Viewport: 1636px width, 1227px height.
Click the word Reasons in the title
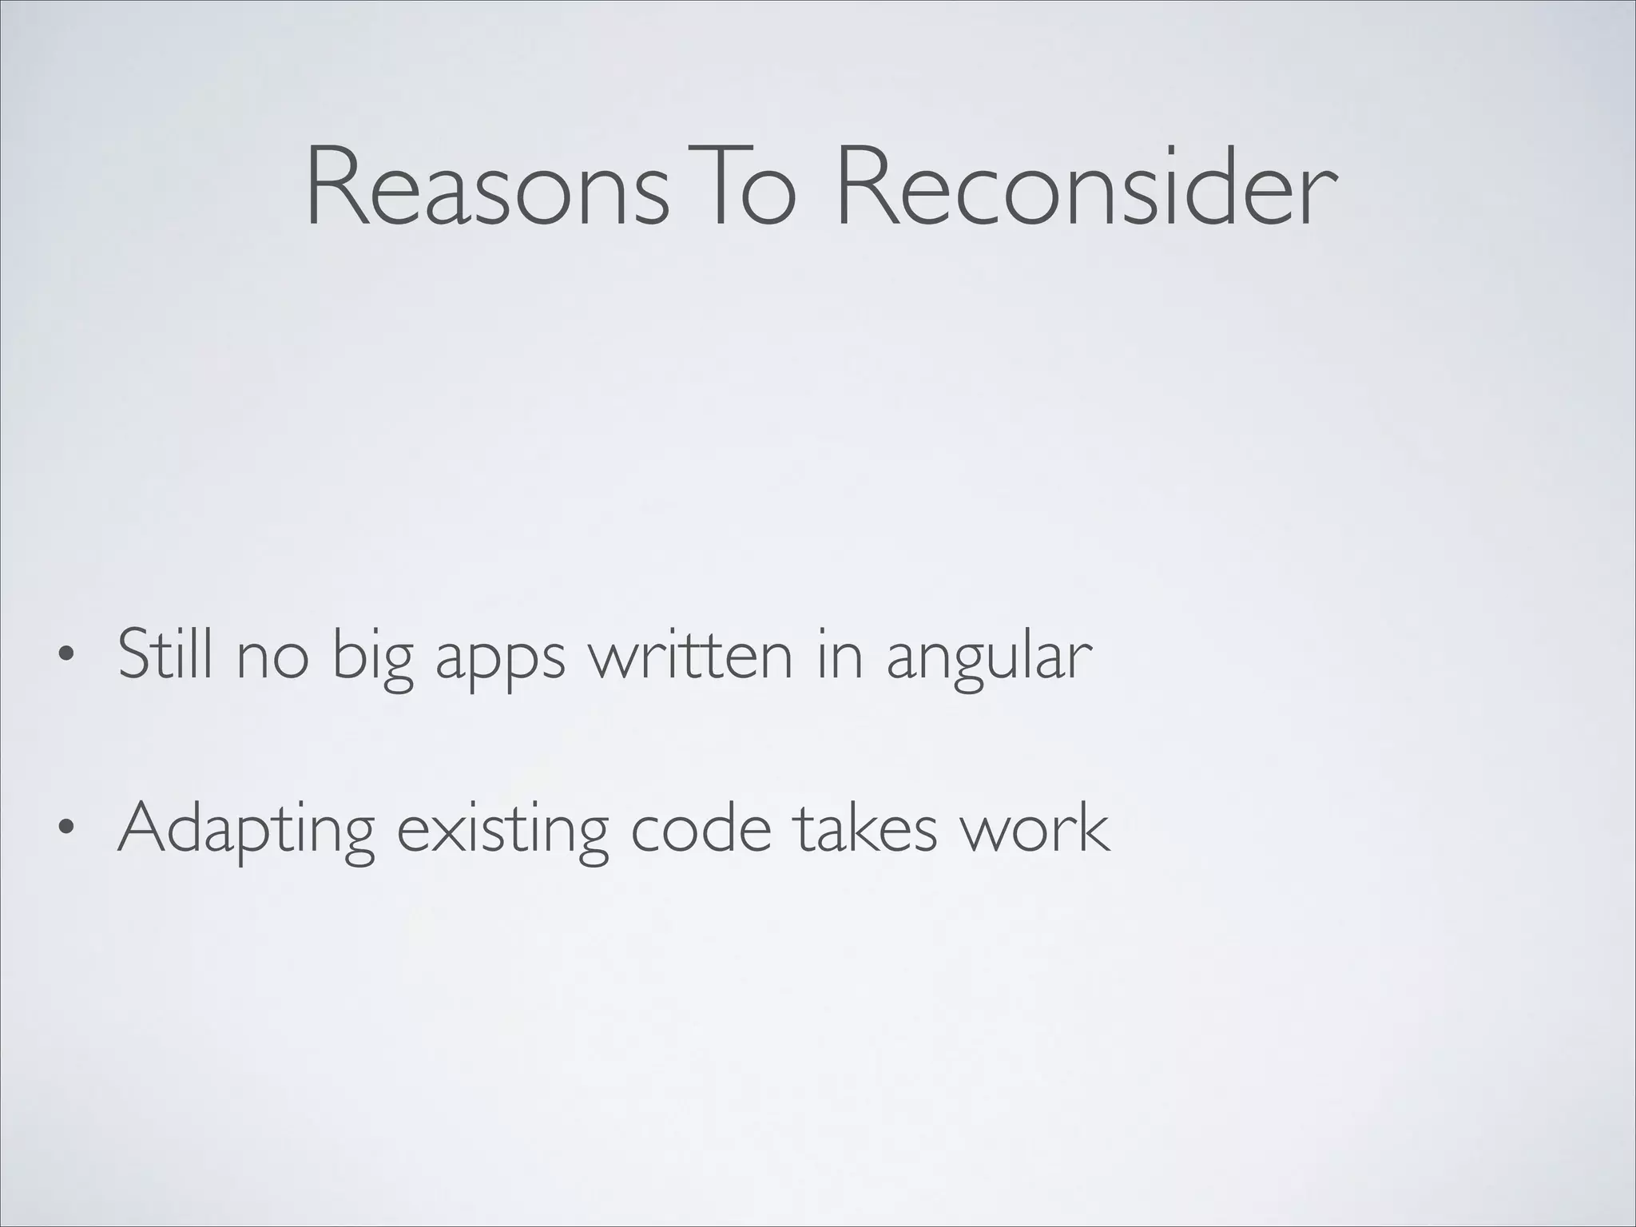tap(486, 189)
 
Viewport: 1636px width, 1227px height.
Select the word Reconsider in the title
tap(1084, 189)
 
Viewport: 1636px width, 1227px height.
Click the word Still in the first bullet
tap(165, 655)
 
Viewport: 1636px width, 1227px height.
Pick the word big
tap(371, 659)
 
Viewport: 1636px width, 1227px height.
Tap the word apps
tap(499, 663)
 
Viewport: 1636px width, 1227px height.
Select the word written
tap(691, 655)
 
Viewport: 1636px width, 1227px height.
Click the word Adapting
tap(246, 831)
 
